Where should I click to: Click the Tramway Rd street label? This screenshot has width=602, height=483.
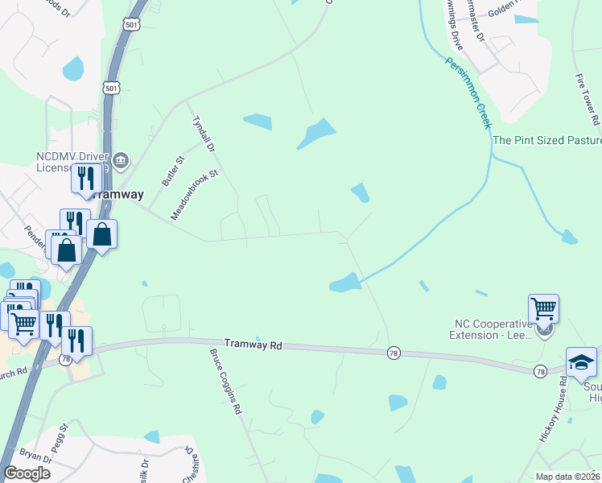[x=253, y=345]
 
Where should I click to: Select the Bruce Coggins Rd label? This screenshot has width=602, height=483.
[x=226, y=381]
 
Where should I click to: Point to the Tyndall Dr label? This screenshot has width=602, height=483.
[x=204, y=134]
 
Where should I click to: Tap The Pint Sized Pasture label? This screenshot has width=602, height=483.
[x=546, y=140]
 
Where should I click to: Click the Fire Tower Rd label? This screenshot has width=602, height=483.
[x=585, y=98]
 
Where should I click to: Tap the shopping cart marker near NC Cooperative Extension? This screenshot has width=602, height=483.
[x=543, y=308]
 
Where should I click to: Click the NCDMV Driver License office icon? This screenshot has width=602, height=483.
[x=121, y=160]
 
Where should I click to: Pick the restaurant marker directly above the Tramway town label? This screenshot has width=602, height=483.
[x=86, y=177]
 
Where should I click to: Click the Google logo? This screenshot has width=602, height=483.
[x=27, y=473]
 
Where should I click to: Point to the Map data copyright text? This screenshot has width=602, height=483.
[x=567, y=477]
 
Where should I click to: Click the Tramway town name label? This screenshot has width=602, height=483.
[x=117, y=195]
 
